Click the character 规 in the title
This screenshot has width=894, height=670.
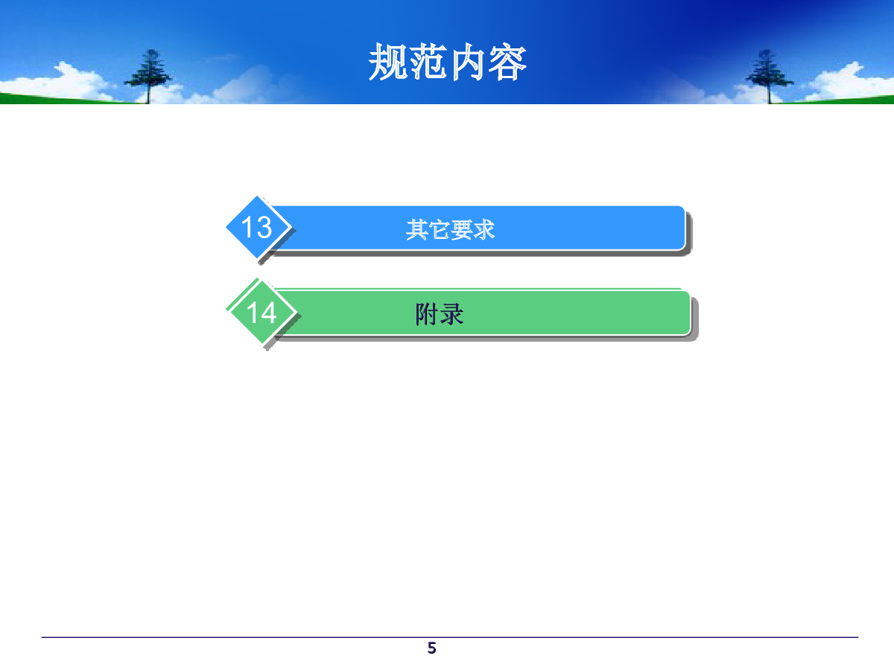coord(388,63)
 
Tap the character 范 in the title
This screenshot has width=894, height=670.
coord(428,63)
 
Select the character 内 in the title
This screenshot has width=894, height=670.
coord(467,63)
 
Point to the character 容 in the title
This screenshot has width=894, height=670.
coord(507,63)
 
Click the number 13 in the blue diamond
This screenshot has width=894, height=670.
coord(256,227)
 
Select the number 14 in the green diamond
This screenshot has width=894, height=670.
coord(261,313)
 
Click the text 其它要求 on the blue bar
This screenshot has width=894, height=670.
coord(450,229)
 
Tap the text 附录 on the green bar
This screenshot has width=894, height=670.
coord(440,314)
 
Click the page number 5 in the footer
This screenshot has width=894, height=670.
coord(431,648)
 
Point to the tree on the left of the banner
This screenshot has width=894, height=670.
coord(149,75)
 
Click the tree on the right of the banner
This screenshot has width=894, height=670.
coord(769,76)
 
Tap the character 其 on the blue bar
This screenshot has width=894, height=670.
coord(416,229)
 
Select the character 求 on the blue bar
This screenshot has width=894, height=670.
coord(484,229)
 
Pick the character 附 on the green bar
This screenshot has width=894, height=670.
coord(427,314)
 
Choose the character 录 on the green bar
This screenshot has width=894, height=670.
coord(451,314)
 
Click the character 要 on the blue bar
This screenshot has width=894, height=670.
coord(461,229)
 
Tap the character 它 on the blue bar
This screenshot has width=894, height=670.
coord(439,229)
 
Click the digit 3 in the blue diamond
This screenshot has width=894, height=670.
coord(264,227)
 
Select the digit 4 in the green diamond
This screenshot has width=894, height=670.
coord(269,313)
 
